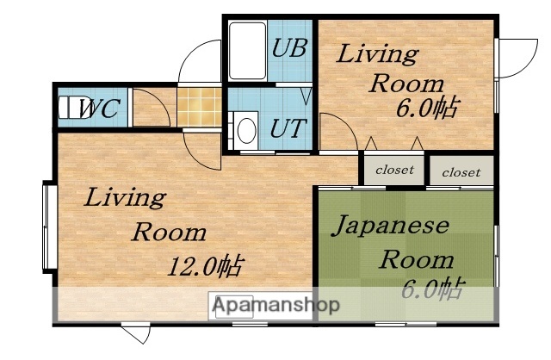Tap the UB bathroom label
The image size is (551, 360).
[288, 47]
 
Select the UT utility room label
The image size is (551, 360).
[286, 129]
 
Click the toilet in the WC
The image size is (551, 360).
[68, 109]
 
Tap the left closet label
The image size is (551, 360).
[394, 170]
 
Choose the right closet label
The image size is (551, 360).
[461, 172]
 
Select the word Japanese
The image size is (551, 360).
[391, 227]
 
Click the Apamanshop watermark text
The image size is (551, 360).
[275, 305]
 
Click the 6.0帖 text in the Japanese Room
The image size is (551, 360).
[433, 289]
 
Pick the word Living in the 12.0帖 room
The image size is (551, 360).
[124, 198]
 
